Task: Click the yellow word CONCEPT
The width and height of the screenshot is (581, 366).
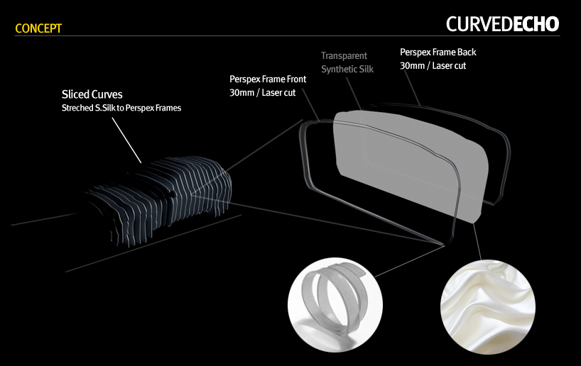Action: [38, 28]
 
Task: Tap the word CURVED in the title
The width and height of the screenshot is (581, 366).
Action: [479, 24]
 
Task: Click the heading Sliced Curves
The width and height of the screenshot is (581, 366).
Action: [92, 94]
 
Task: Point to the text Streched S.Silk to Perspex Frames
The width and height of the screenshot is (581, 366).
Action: [121, 108]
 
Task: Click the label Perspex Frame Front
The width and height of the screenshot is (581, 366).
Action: [268, 79]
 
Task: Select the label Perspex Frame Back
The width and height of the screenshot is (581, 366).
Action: [438, 52]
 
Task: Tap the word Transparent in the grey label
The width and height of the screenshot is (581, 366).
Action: [344, 55]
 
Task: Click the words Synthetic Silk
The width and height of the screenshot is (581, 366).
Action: [347, 69]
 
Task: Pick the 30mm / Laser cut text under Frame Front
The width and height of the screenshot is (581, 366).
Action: [263, 93]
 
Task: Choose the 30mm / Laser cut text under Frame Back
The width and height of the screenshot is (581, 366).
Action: [433, 65]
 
